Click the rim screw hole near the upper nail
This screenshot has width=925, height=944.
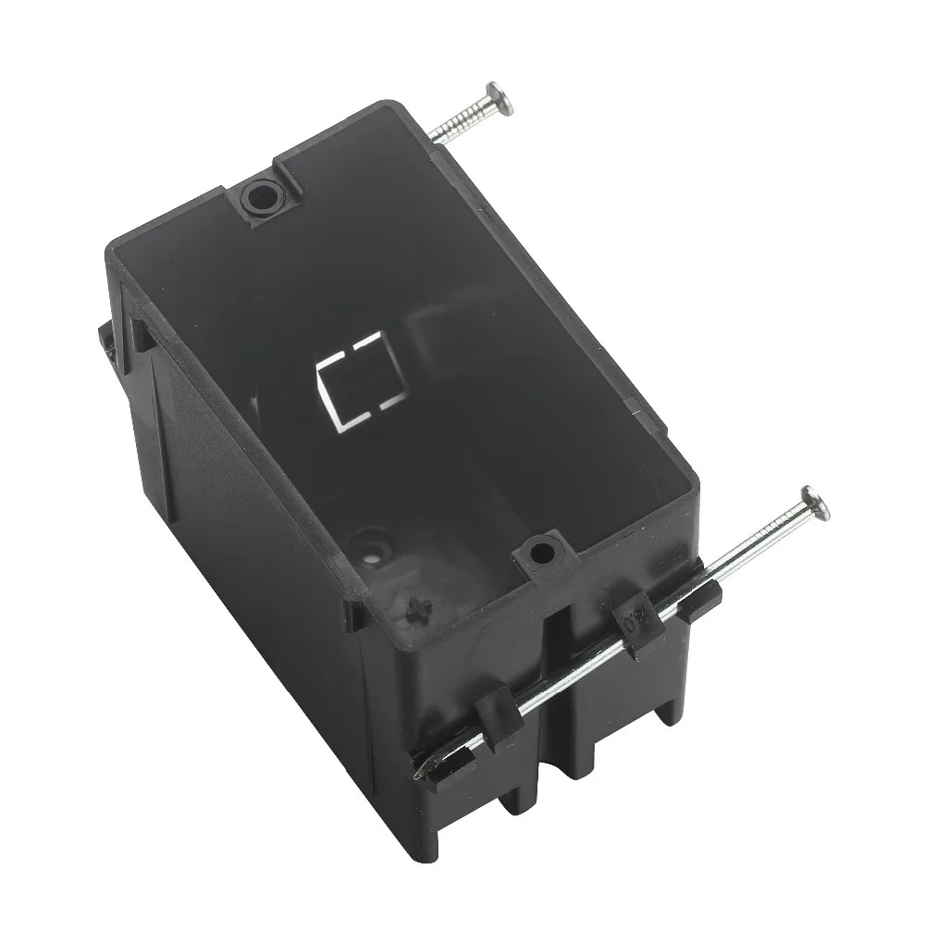click(262, 196)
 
